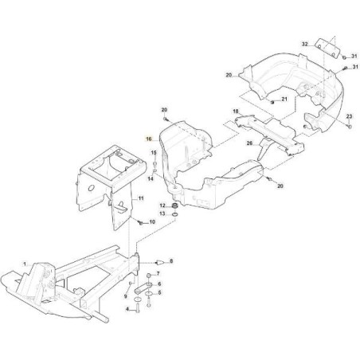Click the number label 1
[25, 264]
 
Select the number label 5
[159, 294]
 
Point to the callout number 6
[159, 284]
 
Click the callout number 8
[170, 260]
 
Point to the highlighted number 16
[147, 139]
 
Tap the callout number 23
[349, 117]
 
